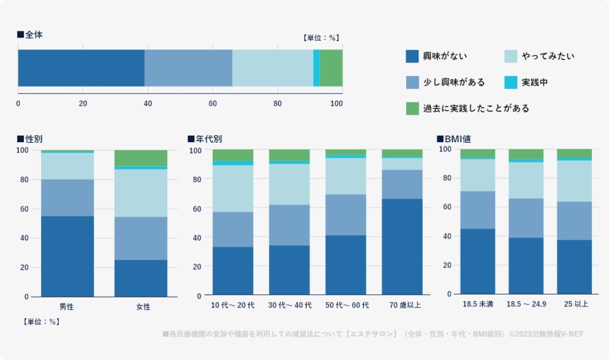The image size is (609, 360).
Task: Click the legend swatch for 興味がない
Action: (413, 57)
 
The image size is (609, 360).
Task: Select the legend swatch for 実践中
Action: (511, 83)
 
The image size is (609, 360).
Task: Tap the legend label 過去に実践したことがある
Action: (476, 108)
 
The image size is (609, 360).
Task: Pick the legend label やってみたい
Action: (548, 57)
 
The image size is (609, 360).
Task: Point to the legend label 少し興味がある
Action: (454, 83)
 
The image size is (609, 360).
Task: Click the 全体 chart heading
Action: (30, 35)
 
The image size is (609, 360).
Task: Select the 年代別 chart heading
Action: (205, 139)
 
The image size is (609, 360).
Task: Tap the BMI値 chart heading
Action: (454, 139)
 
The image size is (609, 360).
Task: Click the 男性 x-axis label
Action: (67, 307)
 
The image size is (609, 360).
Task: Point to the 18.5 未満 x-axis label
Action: (478, 304)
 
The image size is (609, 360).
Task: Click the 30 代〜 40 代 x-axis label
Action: (289, 305)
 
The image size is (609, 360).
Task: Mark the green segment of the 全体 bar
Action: (331, 68)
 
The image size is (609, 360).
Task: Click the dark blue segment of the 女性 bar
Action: (140, 278)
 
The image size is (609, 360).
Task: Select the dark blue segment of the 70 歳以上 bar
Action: (401, 247)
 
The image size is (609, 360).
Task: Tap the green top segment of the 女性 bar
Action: (140, 158)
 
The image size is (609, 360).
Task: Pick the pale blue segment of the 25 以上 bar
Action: (574, 181)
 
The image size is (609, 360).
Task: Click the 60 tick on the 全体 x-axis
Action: (213, 104)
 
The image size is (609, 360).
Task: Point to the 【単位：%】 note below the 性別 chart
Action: (41, 322)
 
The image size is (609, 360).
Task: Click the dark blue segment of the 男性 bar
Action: (67, 256)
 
